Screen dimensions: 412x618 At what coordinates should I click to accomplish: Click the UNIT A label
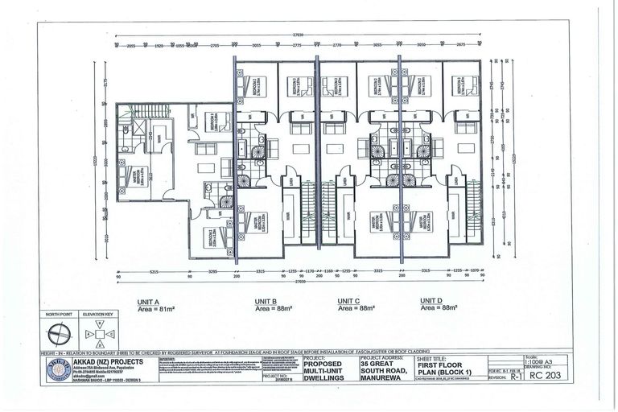172,301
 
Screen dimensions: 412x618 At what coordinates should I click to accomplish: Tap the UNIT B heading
262,301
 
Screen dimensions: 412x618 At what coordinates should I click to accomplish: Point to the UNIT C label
349,301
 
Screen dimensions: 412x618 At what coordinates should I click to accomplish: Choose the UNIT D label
431,301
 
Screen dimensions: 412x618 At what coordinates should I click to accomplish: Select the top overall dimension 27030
299,36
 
